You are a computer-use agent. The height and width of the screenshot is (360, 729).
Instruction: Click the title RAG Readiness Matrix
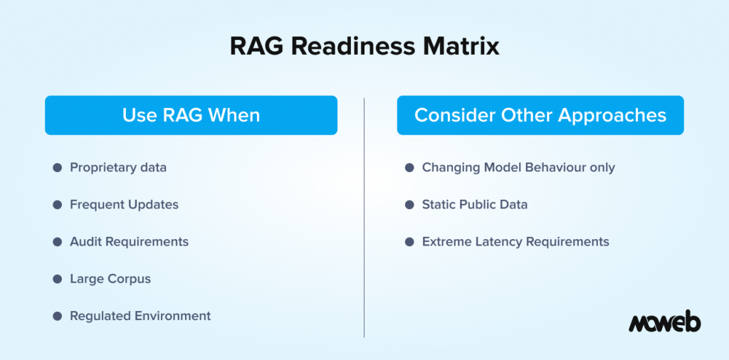(x=364, y=47)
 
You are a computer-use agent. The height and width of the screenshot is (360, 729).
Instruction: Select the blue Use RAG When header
(x=191, y=115)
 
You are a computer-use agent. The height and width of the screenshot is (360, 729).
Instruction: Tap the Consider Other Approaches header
(x=540, y=115)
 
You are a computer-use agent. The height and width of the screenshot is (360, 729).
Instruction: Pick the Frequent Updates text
(x=124, y=205)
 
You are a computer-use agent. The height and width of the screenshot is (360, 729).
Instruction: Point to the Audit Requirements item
(x=129, y=242)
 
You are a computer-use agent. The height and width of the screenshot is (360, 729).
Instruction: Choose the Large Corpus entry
(x=110, y=279)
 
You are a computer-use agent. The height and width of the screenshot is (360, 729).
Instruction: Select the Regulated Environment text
(x=140, y=316)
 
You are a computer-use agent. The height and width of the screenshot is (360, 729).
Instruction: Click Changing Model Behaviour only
(x=518, y=168)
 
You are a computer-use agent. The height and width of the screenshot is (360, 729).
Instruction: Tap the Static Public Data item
(x=475, y=205)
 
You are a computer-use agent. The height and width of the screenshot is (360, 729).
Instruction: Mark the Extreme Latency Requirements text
(x=515, y=242)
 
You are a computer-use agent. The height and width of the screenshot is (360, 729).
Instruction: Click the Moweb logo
(x=664, y=322)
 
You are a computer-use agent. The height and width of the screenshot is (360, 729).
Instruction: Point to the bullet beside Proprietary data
(x=57, y=168)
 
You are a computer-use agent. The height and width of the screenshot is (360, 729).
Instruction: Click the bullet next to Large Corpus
(x=57, y=279)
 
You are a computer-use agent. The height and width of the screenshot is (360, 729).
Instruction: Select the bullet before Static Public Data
(x=409, y=205)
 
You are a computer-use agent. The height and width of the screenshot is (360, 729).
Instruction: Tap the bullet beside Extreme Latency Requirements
(x=409, y=242)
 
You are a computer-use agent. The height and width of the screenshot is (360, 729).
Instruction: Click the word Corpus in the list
(x=130, y=279)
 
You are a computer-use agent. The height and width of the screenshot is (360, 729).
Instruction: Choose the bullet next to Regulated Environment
(x=57, y=316)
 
